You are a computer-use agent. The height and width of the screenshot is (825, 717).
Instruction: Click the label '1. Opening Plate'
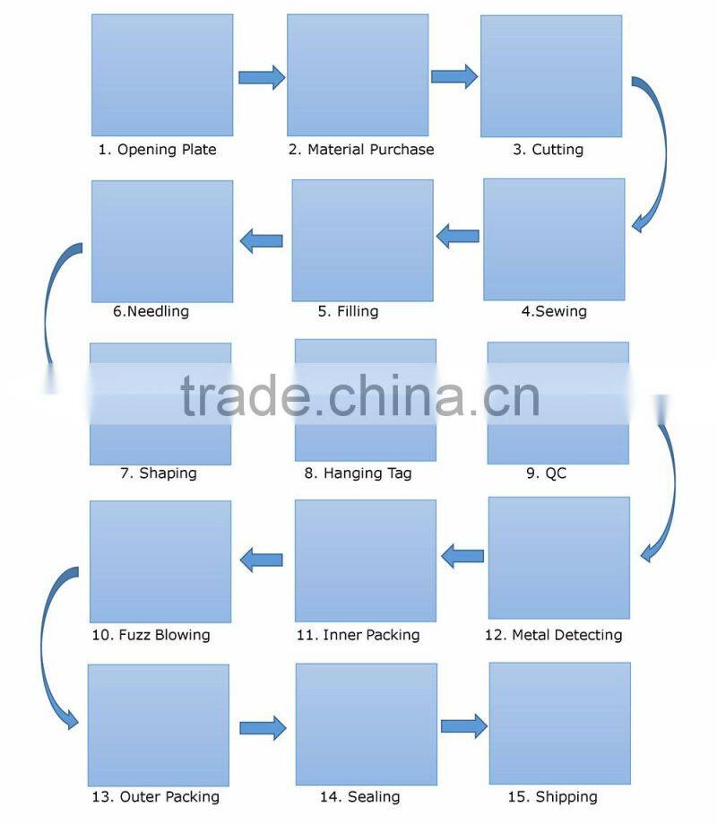point(157,150)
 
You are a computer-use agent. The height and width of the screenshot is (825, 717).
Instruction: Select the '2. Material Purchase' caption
point(360,150)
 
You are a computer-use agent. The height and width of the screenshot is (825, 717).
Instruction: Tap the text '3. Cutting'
point(548,150)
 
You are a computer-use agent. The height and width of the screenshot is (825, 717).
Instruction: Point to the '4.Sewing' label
point(554,312)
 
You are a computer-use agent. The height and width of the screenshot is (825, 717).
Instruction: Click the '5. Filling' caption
point(348,312)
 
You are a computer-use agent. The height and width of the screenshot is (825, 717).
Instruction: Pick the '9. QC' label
point(546,473)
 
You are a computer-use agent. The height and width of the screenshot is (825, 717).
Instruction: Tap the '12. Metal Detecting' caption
point(553,635)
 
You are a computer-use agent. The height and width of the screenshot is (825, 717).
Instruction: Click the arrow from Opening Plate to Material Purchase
point(261,77)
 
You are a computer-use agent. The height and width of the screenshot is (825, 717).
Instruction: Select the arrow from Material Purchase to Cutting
point(454,77)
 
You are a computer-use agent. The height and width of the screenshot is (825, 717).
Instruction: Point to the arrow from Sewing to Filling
point(457,238)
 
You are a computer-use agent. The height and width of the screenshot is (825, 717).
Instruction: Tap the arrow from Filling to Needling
point(262,239)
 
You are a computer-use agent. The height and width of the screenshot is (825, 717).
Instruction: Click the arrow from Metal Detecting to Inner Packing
point(462,557)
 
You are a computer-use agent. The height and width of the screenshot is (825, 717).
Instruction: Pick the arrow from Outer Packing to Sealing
point(262,727)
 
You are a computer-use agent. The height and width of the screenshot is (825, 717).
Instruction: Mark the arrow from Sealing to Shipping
point(462,725)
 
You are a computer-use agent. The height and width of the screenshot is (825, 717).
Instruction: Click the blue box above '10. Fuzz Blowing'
point(161,561)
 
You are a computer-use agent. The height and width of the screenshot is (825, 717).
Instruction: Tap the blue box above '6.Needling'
point(162,241)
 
